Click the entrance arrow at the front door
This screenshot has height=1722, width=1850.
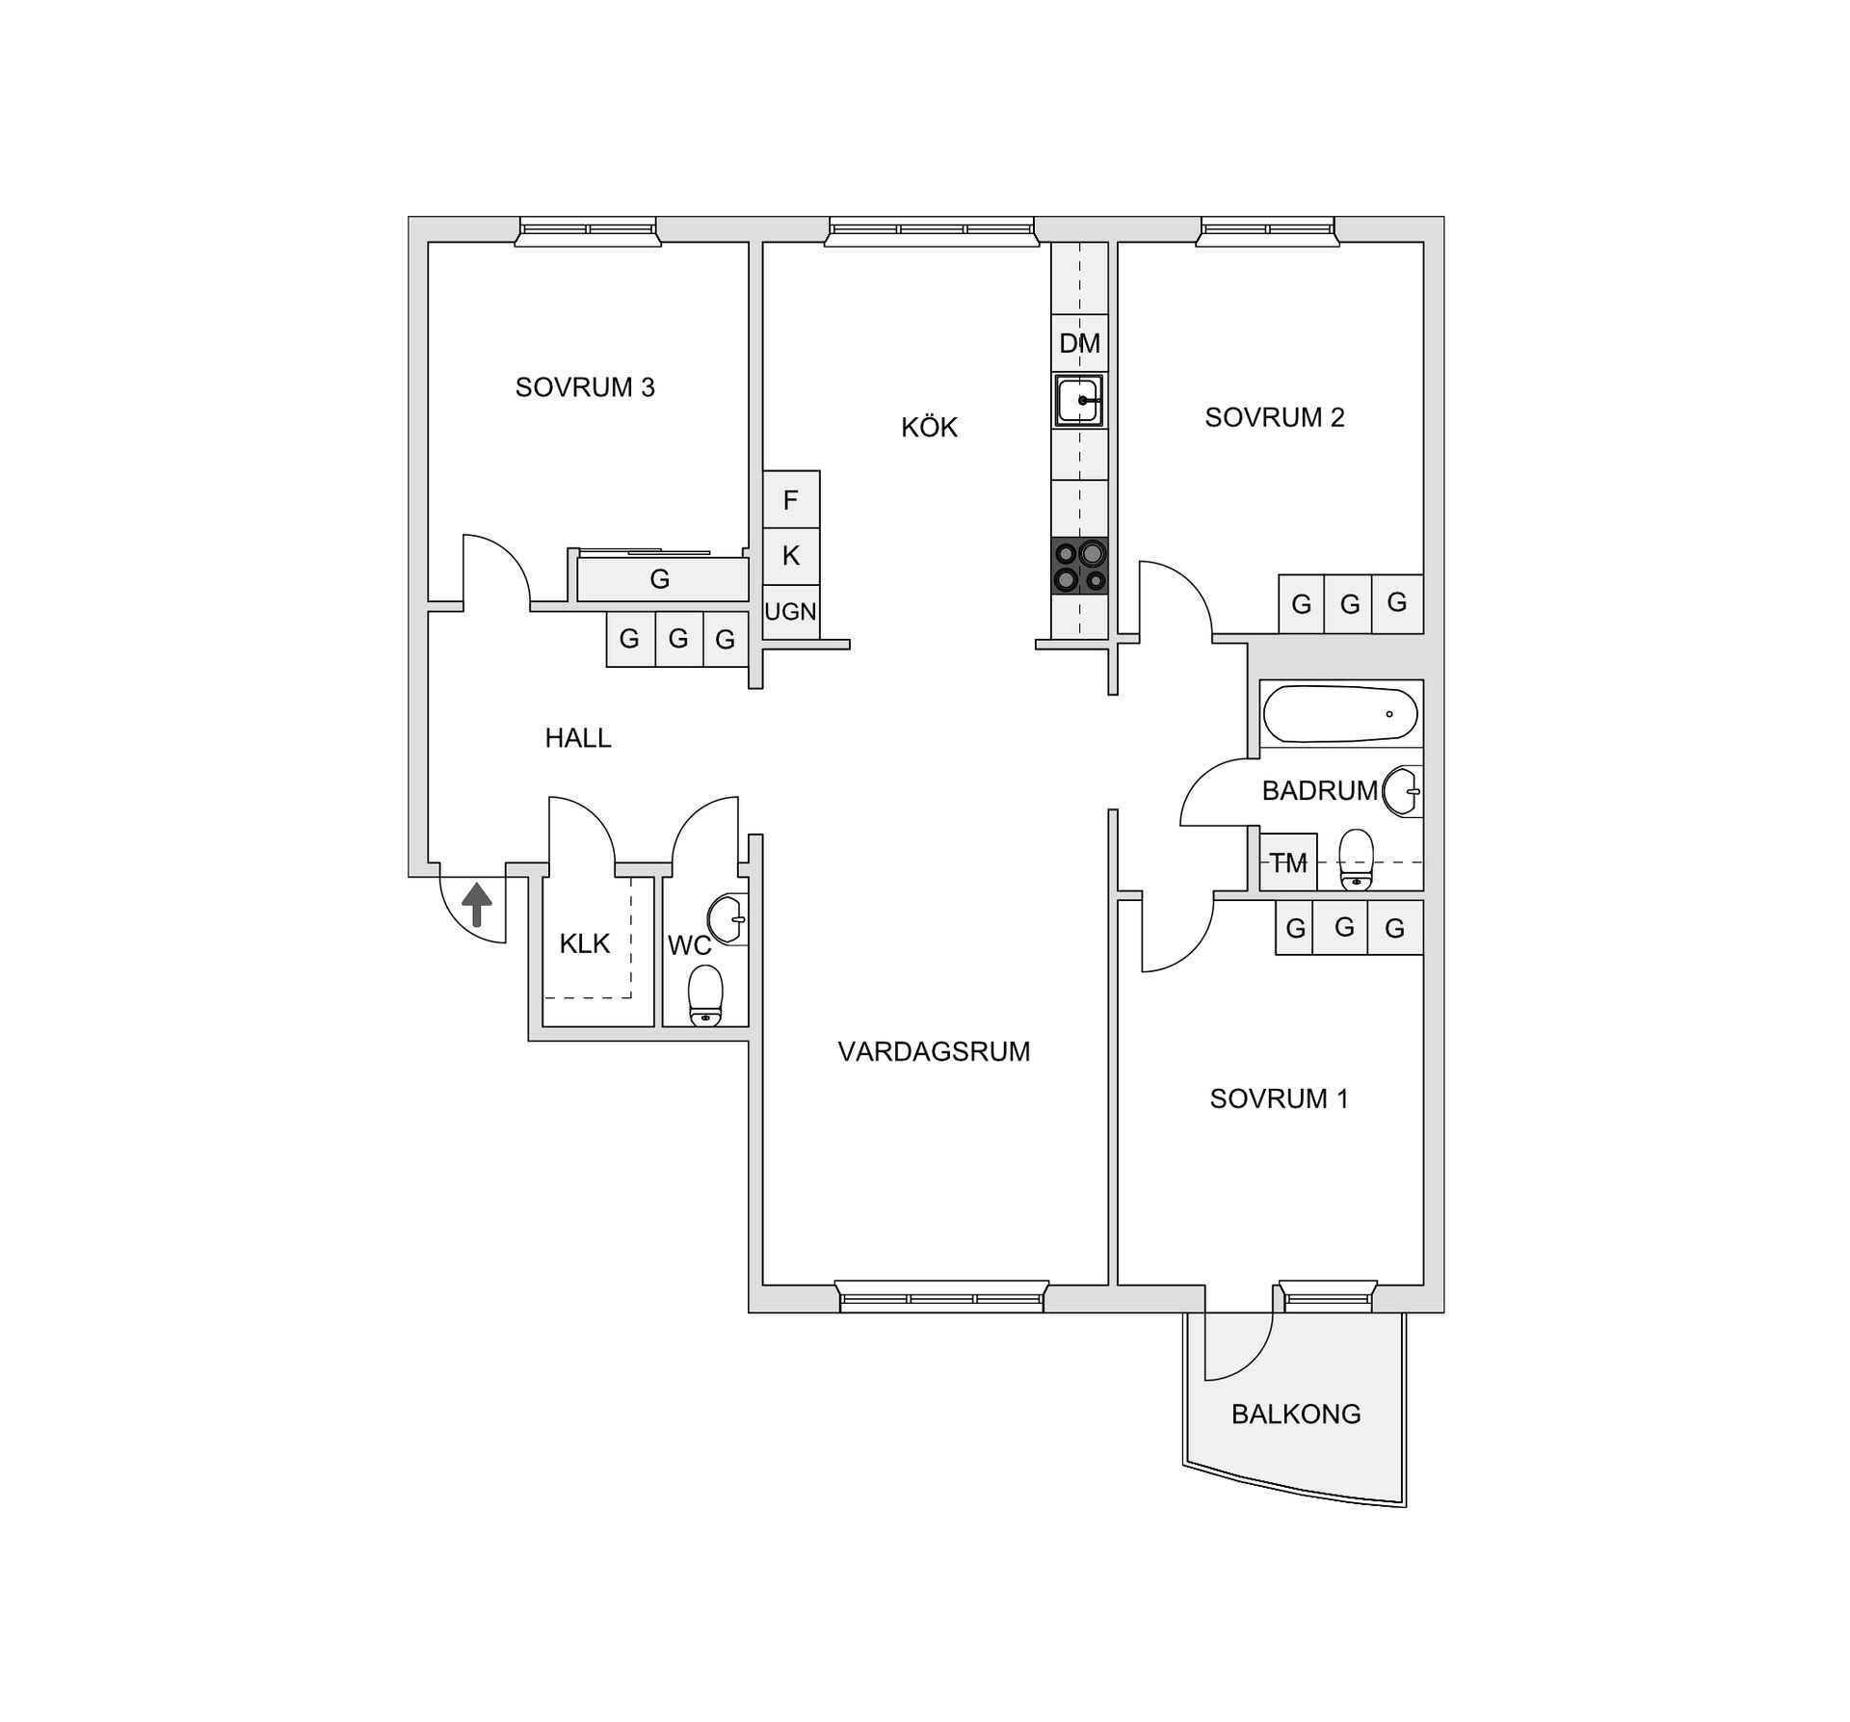[477, 906]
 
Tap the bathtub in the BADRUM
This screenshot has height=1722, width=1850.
[1340, 713]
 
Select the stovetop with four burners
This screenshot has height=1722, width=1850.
[1080, 567]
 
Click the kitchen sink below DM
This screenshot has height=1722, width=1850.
[1079, 400]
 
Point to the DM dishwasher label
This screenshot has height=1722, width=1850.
[1079, 343]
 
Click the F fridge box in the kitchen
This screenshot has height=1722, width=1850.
[791, 499]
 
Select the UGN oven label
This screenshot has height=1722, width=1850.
[790, 611]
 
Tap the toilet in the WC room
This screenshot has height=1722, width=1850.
[706, 995]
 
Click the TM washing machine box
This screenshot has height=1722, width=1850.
[1288, 861]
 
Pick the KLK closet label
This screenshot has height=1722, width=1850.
[585, 943]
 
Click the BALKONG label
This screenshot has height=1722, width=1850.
[1296, 1414]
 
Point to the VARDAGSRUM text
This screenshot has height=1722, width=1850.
[934, 1051]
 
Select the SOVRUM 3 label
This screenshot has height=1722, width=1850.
[585, 387]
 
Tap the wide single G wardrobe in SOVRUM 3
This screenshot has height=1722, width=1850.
[663, 579]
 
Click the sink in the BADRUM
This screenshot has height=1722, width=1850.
[1402, 791]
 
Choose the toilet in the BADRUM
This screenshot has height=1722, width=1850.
[1357, 859]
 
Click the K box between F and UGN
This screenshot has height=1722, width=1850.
[791, 556]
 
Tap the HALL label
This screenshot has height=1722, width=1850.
[578, 738]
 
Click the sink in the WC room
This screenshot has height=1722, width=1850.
[727, 920]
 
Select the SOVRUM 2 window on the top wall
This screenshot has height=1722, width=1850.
[1268, 231]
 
